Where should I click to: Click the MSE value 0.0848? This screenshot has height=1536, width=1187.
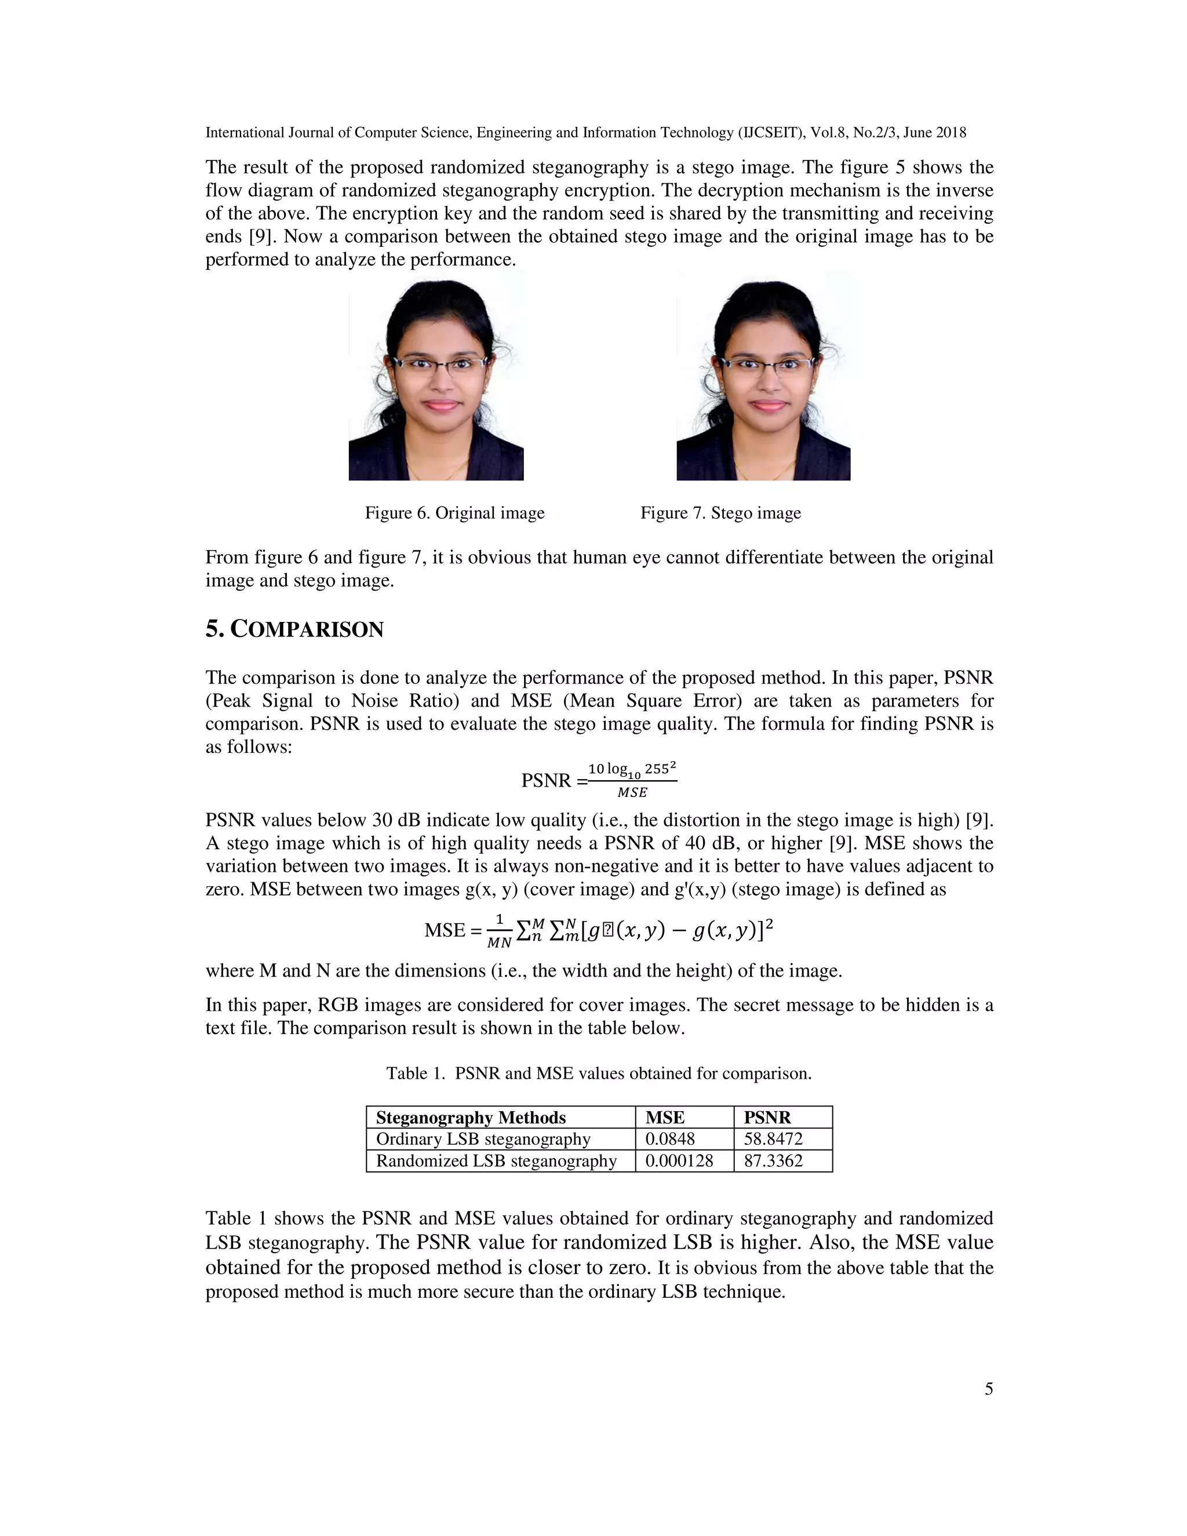pos(669,1138)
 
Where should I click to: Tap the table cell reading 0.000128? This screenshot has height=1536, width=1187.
pos(679,1160)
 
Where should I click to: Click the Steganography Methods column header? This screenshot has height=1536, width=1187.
pos(471,1118)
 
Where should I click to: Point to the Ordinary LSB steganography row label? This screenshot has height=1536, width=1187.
pos(483,1138)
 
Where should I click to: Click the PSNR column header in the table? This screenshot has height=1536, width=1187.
pos(767,1118)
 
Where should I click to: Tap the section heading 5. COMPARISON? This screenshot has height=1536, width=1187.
pos(294,629)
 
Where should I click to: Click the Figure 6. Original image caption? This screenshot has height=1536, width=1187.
pos(454,513)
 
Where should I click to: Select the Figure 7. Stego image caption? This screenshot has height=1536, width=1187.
pos(720,513)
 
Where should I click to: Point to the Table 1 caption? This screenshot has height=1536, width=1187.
pos(598,1073)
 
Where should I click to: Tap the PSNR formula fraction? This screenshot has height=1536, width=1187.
pos(632,780)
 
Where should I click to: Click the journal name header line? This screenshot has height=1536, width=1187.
pos(585,132)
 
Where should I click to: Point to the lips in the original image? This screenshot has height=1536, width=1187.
pos(441,405)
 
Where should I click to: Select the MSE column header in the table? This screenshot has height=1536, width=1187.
pos(665,1118)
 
